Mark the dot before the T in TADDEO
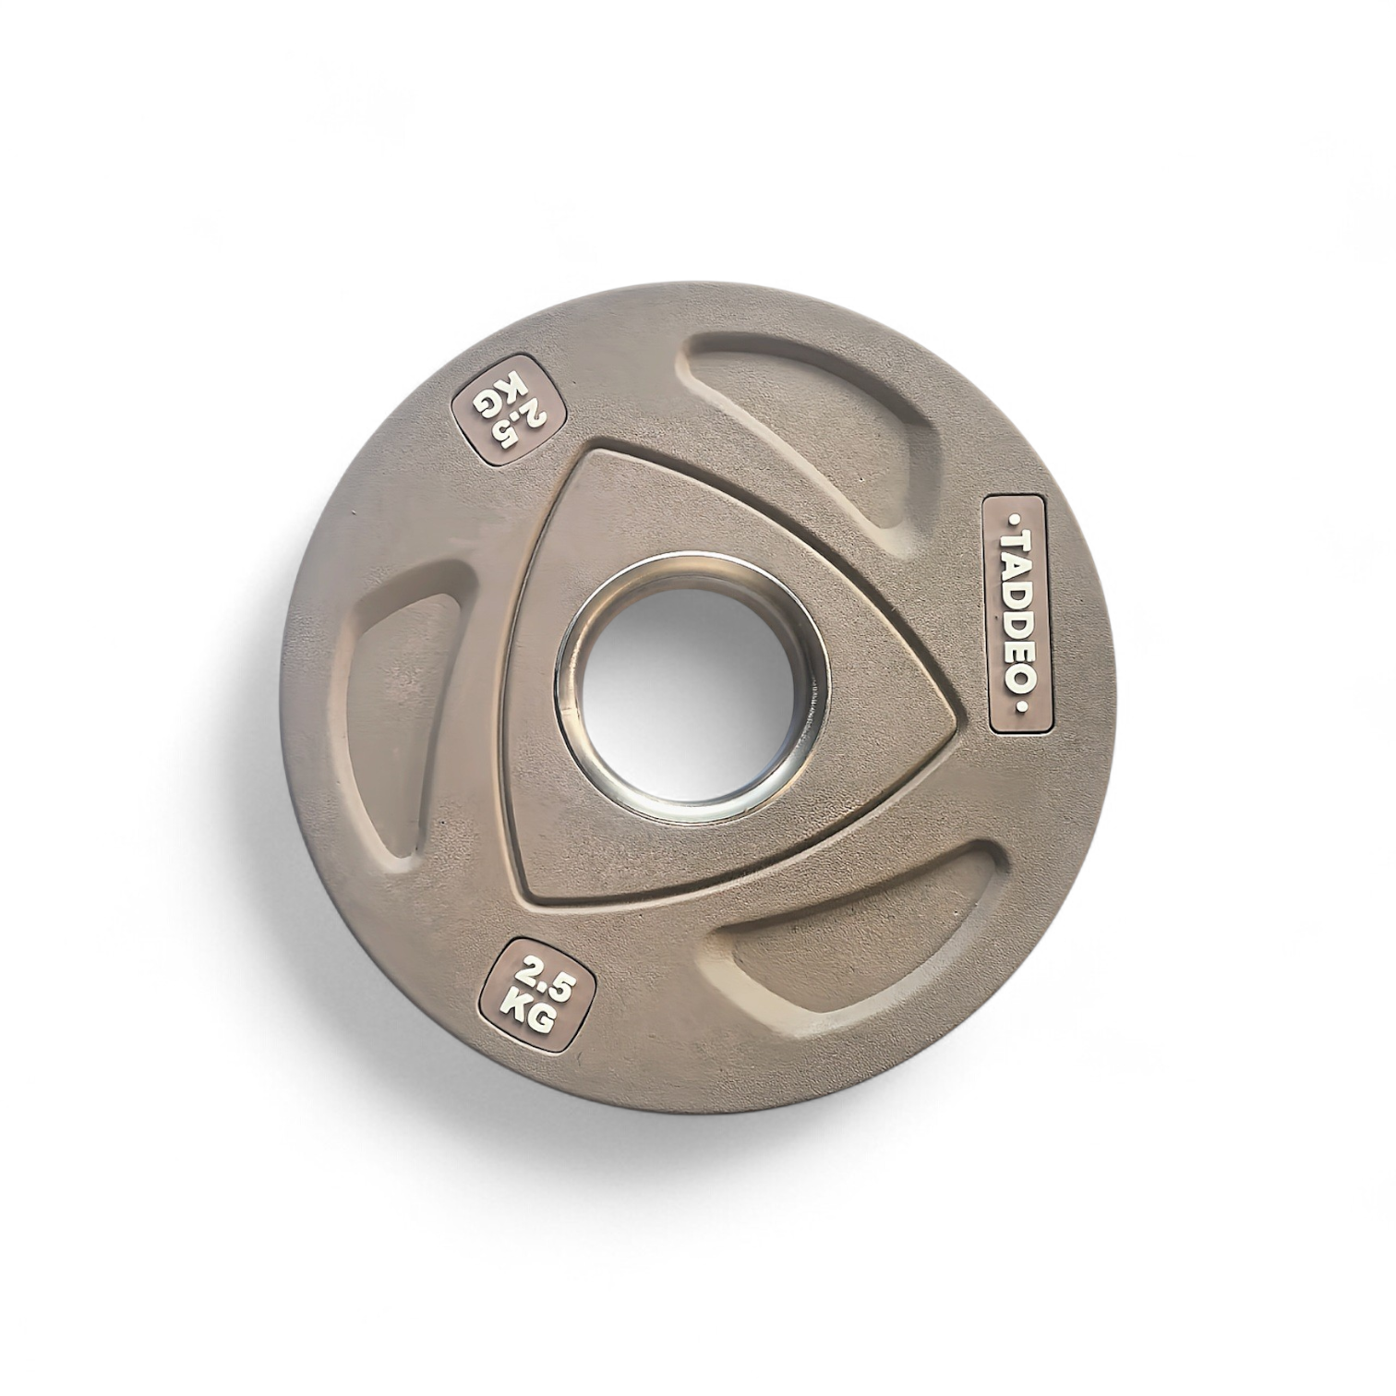point(1018,519)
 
